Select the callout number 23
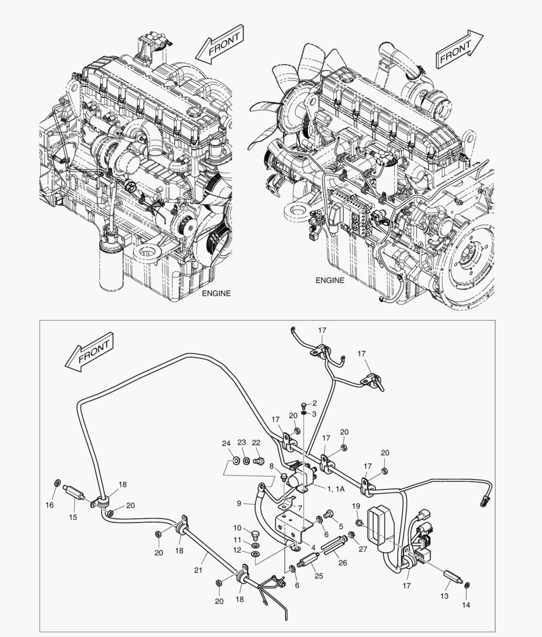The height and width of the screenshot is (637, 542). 242,443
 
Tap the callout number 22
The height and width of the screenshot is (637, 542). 256,443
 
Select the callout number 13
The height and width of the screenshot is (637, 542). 444,596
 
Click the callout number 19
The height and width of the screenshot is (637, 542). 356,506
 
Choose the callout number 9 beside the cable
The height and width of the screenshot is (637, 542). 239,504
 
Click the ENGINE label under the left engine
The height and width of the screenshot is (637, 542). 216,293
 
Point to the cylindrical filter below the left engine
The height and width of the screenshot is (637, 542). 111,262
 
